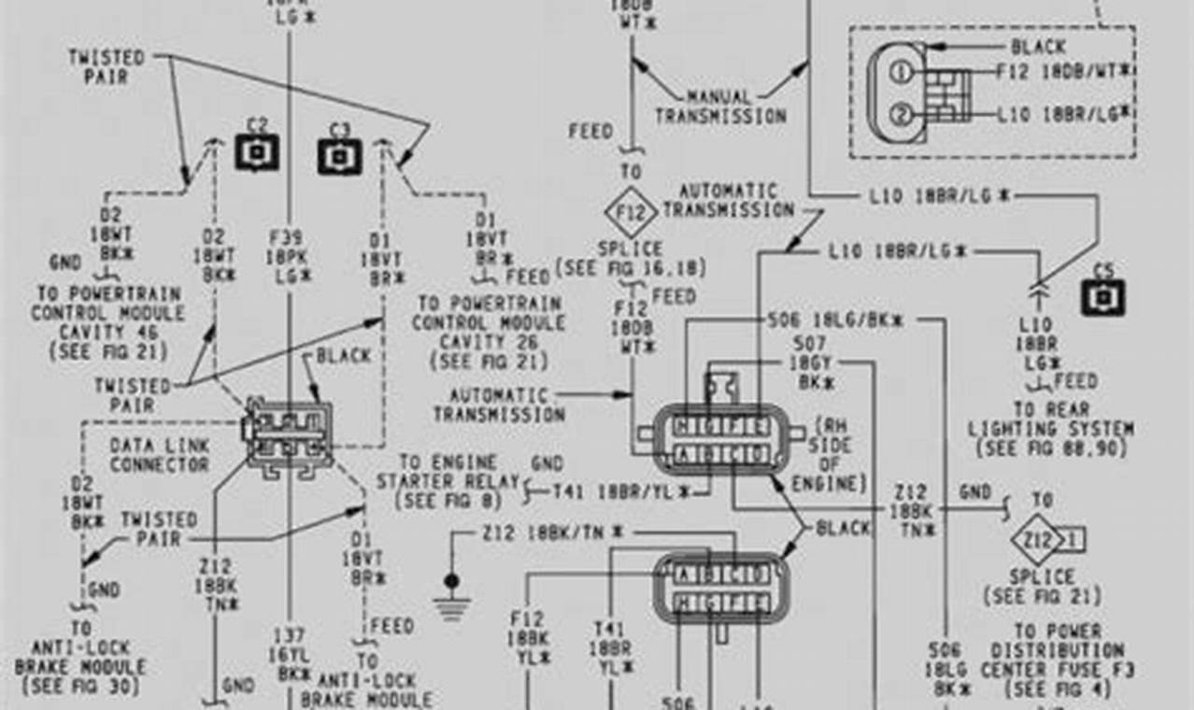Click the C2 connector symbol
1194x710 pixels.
click(x=257, y=151)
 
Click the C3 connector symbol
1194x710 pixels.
click(x=339, y=155)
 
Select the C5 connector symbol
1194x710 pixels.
click(x=1103, y=297)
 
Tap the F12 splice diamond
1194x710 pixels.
click(x=631, y=215)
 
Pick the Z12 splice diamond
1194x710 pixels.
click(x=1039, y=539)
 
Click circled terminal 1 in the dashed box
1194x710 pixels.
click(x=900, y=72)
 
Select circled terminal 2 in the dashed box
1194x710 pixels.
click(x=900, y=114)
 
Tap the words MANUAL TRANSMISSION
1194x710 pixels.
click(x=720, y=106)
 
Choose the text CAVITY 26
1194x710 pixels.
click(x=489, y=342)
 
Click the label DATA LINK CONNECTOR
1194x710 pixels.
click(x=159, y=455)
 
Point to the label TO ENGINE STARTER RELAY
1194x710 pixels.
click(x=448, y=481)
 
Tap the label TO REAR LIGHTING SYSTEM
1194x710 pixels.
click(x=1050, y=429)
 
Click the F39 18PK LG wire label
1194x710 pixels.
click(x=289, y=255)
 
